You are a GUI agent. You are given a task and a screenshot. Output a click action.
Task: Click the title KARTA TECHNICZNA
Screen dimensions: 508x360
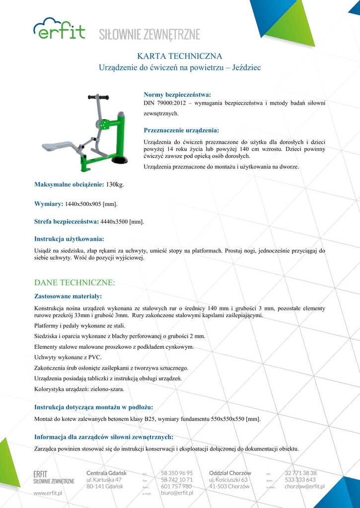(x=179, y=56)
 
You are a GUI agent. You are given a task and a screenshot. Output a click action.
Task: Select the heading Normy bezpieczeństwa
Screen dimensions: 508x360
(x=177, y=94)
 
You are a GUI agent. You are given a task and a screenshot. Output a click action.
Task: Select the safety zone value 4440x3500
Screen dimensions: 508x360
(x=114, y=221)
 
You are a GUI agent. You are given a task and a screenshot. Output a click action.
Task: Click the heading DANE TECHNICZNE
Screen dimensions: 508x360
(x=74, y=283)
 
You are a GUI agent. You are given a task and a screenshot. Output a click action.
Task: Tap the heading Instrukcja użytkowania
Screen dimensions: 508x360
(x=69, y=239)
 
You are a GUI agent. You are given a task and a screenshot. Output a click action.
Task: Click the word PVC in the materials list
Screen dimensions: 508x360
(x=94, y=357)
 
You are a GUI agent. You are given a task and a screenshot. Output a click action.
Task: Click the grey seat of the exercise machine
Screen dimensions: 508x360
(x=58, y=146)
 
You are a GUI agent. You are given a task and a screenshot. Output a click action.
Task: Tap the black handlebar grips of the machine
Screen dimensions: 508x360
(x=98, y=96)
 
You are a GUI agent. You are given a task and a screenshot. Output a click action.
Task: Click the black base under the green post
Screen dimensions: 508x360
(x=119, y=159)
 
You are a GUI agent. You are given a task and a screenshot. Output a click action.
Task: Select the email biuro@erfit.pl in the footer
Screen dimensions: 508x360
(x=177, y=493)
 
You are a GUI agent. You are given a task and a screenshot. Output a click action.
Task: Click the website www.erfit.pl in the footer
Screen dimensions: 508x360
(x=48, y=493)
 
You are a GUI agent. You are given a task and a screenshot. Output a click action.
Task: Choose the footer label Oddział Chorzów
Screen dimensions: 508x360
(x=230, y=473)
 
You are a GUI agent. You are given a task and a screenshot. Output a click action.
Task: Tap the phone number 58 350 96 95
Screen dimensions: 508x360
(x=177, y=473)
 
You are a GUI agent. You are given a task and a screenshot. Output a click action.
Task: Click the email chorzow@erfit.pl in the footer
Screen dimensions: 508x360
(x=304, y=487)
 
